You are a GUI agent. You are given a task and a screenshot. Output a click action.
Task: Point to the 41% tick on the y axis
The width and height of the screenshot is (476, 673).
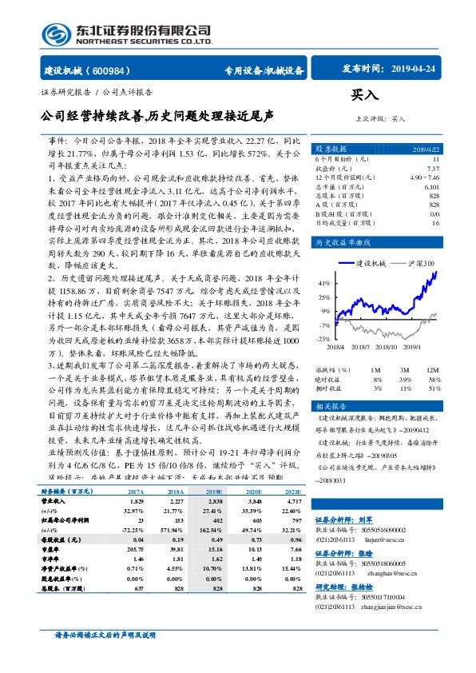323,283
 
